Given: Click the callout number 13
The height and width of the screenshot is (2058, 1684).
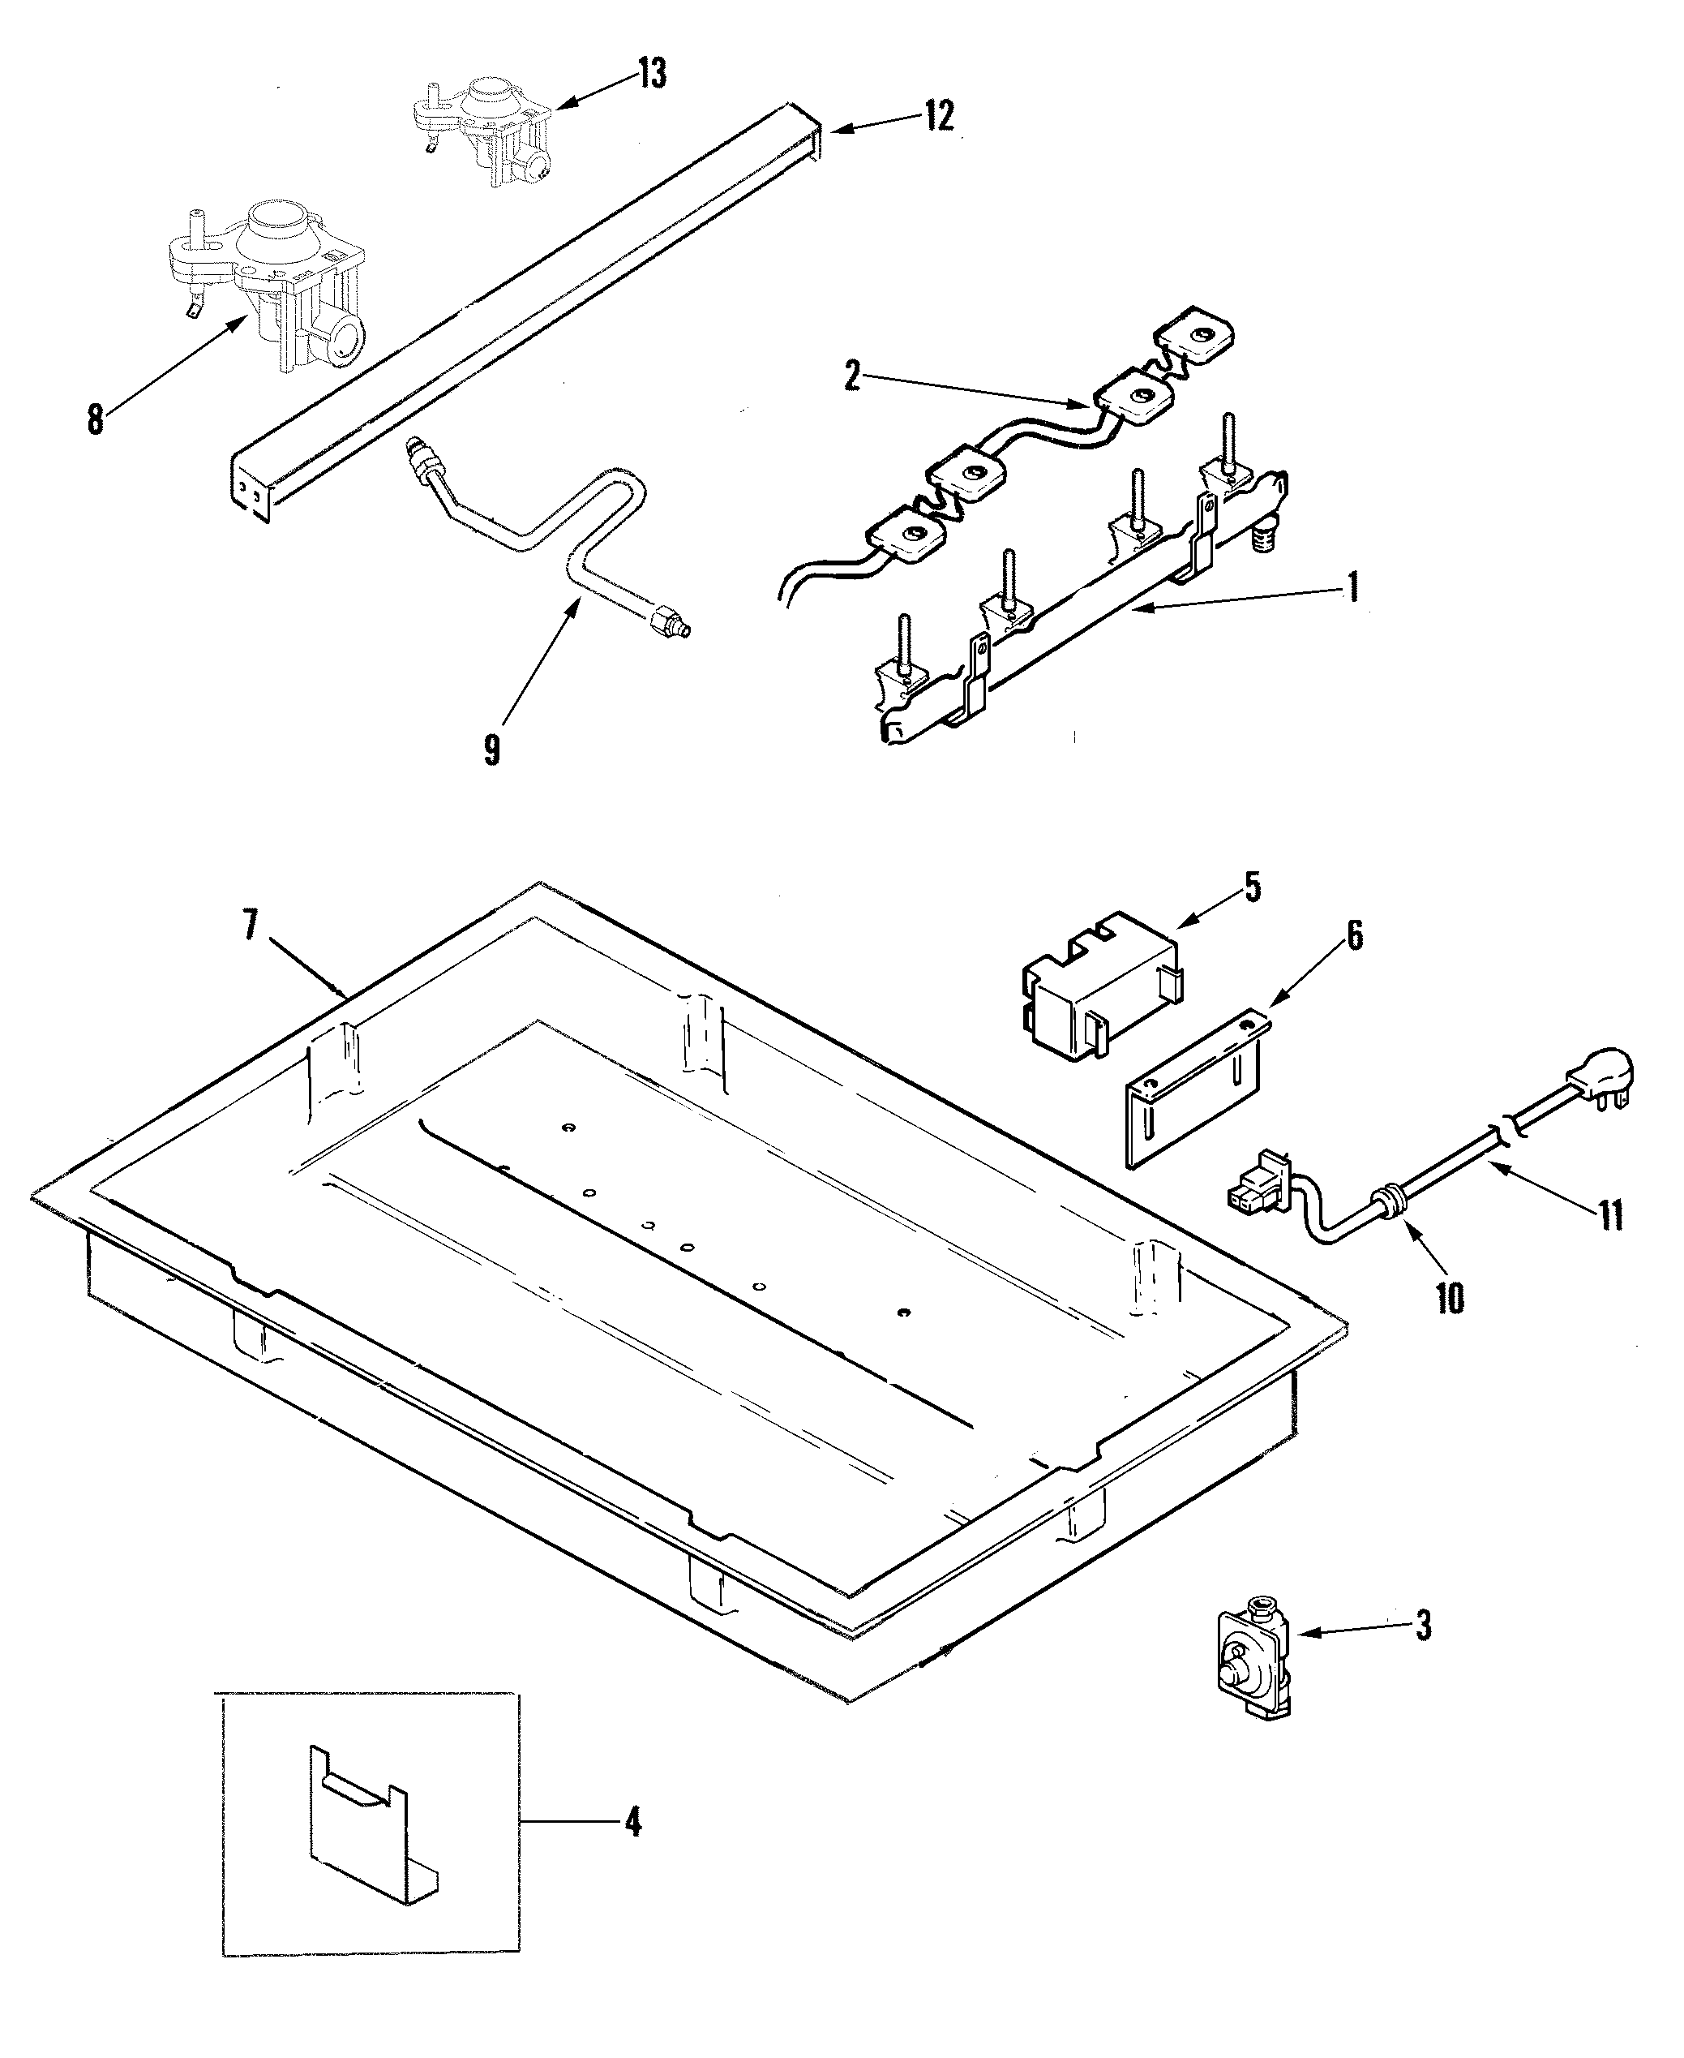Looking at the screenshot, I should (652, 74).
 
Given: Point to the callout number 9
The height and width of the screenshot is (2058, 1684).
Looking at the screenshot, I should (492, 750).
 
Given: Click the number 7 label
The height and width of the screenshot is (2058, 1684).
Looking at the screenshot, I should (251, 926).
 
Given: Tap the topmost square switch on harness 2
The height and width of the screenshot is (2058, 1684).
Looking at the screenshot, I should (1195, 336).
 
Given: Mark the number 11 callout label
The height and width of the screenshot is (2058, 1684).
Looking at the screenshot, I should (1610, 1215).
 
